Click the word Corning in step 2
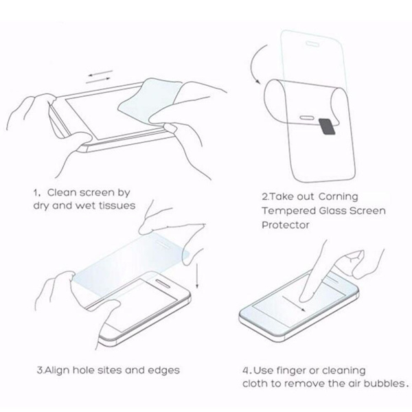click(x=339, y=197)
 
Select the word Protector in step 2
click(x=286, y=225)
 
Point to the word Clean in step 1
click(x=61, y=192)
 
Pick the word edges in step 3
click(x=163, y=371)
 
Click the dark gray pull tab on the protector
click(x=327, y=126)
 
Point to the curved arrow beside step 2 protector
click(x=255, y=63)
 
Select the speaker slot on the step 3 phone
click(x=163, y=283)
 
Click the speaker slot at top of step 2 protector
click(x=312, y=44)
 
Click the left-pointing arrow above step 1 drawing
click(x=100, y=73)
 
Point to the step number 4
click(x=246, y=371)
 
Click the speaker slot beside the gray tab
click(x=307, y=117)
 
